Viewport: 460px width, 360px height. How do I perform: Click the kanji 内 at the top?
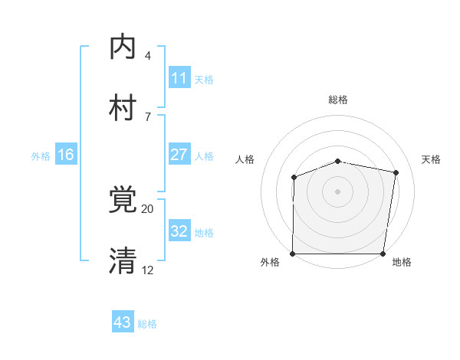[123, 47]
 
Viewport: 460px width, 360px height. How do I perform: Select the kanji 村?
[123, 108]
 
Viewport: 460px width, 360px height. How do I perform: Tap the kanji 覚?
[123, 200]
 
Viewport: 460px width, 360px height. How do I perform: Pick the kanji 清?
[123, 261]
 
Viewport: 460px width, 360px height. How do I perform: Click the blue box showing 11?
[179, 78]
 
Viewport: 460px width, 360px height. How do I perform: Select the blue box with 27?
[179, 155]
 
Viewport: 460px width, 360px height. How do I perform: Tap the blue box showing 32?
[179, 231]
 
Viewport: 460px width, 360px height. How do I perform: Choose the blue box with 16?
[66, 155]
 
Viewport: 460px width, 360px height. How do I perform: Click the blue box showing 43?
[123, 322]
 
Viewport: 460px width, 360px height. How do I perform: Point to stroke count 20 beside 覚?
[148, 208]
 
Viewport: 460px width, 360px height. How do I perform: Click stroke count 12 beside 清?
[148, 270]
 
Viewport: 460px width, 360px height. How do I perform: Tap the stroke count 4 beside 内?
[148, 56]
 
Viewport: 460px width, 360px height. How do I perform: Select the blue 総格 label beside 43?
[147, 324]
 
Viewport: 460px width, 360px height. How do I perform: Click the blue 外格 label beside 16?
[41, 156]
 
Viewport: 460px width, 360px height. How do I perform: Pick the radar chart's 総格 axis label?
[338, 100]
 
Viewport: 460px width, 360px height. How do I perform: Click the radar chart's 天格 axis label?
[431, 159]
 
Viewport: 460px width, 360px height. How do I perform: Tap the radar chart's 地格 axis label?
[401, 262]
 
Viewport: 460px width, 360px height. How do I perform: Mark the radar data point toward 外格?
[293, 254]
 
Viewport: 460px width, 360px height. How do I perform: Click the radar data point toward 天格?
[396, 173]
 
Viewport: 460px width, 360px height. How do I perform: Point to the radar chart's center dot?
[338, 191]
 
